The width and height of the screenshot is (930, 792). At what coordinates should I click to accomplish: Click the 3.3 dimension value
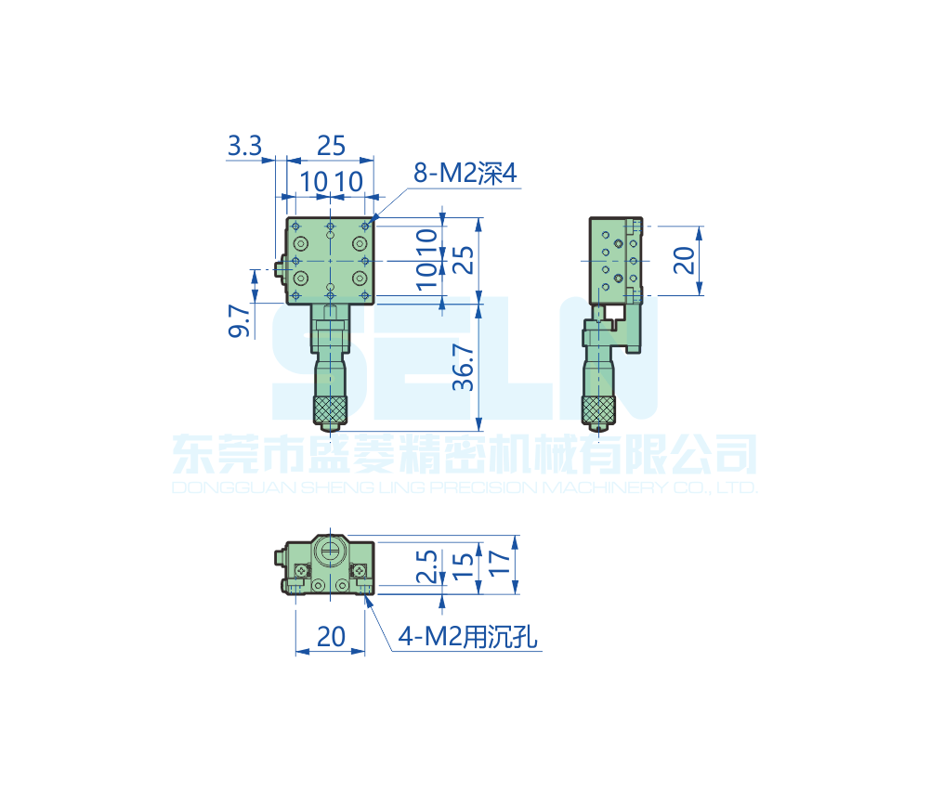tap(244, 145)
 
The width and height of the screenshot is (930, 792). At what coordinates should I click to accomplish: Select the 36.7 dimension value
tap(464, 367)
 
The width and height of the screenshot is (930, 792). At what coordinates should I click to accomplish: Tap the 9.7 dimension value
tap(239, 320)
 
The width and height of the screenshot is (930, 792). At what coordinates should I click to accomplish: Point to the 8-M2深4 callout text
tap(465, 173)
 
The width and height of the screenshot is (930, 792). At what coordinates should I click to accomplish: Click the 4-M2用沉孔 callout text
tap(467, 637)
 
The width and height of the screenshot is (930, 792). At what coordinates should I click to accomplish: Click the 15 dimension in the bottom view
tap(464, 566)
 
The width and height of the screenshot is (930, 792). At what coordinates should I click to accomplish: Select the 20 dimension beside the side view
tap(683, 260)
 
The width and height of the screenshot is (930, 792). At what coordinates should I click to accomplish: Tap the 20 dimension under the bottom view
tap(331, 637)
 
